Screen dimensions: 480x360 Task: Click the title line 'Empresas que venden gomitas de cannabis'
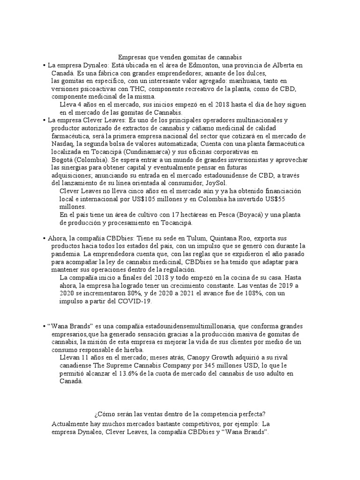tap(180, 56)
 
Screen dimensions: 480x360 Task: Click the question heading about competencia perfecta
tap(180, 414)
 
